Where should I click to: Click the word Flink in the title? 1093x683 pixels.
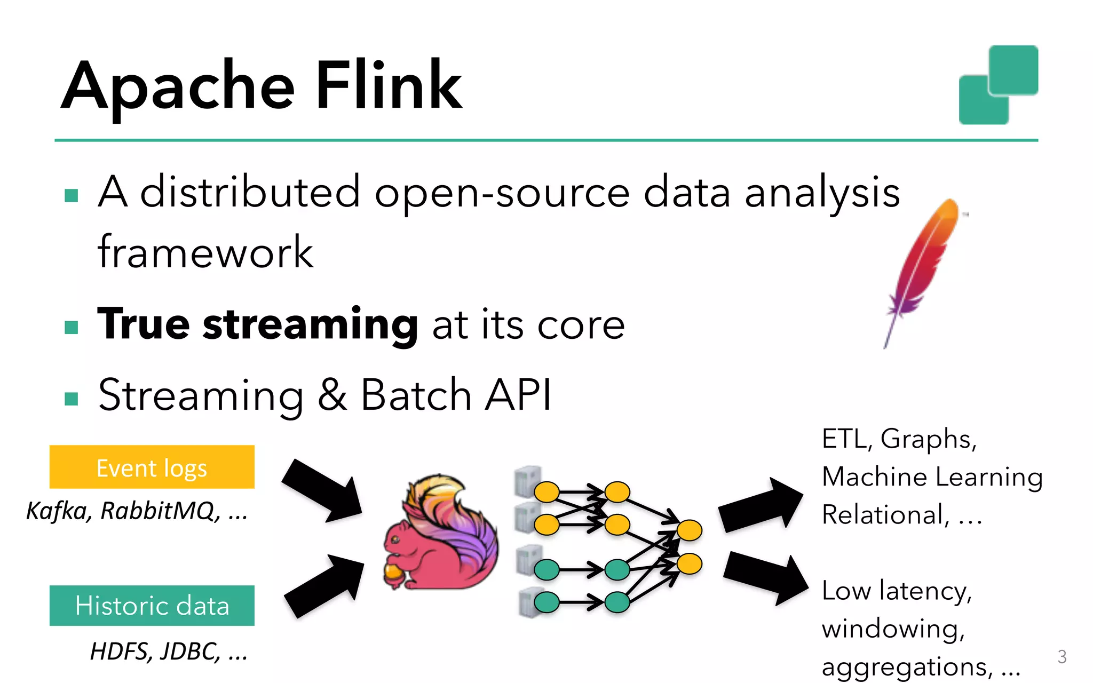[x=389, y=85]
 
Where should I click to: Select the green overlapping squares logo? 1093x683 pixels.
[x=998, y=85]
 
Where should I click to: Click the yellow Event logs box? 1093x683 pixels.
[x=152, y=467]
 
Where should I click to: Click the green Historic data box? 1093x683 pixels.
[x=152, y=606]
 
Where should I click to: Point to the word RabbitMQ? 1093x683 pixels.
[x=159, y=511]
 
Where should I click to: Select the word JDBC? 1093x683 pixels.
[x=189, y=652]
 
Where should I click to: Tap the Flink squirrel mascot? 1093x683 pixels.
[x=440, y=534]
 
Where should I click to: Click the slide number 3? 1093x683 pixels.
[x=1062, y=657]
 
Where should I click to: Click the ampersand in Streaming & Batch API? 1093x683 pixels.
[x=332, y=395]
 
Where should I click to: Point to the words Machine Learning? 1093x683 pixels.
[x=932, y=476]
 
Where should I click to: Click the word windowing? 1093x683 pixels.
[x=893, y=629]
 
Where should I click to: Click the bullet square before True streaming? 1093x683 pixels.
[x=71, y=327]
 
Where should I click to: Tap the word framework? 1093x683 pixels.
[x=205, y=252]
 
